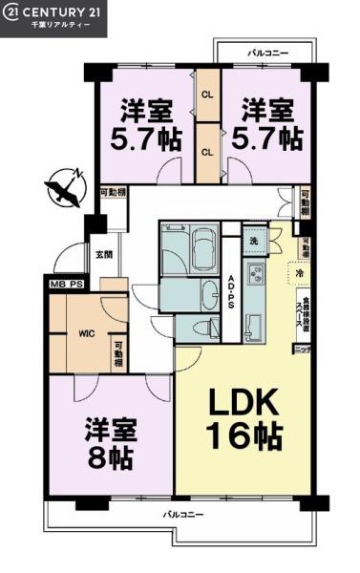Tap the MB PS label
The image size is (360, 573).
tap(65, 283)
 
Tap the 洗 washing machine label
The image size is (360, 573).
tap(254, 240)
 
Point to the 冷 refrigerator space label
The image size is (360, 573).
tap(300, 273)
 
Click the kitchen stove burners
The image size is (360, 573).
tap(256, 279)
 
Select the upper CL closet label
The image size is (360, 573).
tap(207, 94)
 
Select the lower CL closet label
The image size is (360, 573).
tap(207, 151)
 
